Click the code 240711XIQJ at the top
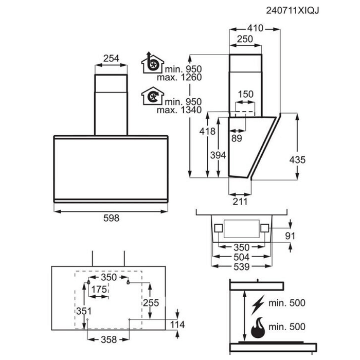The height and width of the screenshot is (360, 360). (292, 11)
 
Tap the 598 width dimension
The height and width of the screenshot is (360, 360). (112, 218)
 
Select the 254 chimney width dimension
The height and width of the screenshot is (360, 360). (111, 59)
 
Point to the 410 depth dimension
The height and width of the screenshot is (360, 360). (255, 28)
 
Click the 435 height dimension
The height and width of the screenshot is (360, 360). (297, 160)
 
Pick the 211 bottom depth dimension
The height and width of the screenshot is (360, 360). (240, 202)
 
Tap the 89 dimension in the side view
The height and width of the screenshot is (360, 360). (237, 138)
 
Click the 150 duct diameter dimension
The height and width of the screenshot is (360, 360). (246, 94)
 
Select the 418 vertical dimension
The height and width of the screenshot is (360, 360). (207, 131)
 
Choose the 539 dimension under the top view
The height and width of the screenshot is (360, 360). (242, 267)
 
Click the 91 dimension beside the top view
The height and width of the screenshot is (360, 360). (290, 236)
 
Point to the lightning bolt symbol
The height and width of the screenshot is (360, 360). (258, 305)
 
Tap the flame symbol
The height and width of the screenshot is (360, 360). (258, 328)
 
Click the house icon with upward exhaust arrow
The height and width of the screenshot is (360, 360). (152, 63)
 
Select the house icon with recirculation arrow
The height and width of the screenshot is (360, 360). (152, 96)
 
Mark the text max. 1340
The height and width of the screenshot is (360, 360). (179, 110)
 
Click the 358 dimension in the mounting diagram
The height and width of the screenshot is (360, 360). (109, 339)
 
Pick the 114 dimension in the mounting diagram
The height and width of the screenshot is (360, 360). (177, 325)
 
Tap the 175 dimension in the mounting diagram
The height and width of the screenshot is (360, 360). (99, 289)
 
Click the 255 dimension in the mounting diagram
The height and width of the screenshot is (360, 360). (151, 303)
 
